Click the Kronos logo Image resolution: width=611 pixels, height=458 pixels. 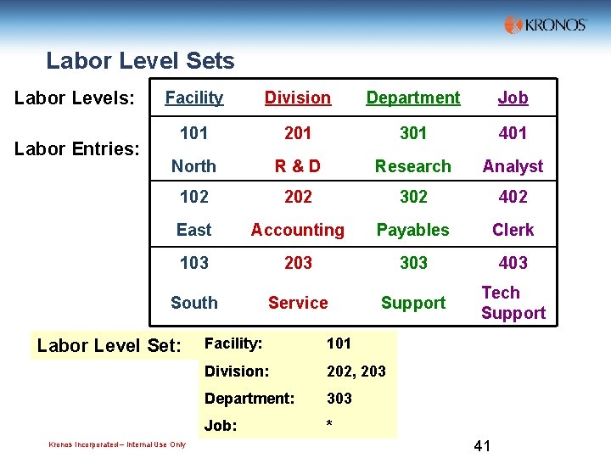click(545, 25)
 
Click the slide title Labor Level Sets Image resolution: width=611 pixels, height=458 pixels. click(140, 61)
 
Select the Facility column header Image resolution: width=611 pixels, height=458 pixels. click(194, 98)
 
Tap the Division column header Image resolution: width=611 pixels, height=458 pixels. click(298, 98)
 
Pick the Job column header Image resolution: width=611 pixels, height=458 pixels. click(513, 98)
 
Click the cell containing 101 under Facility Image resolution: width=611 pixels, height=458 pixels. click(194, 133)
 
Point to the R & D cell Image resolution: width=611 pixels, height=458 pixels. click(298, 166)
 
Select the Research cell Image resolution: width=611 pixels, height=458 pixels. click(413, 166)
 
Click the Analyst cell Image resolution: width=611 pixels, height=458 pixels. click(513, 166)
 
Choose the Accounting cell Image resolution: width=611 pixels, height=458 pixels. click(298, 230)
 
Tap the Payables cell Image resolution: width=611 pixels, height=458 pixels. click(413, 230)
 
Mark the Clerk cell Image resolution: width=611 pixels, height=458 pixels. click(513, 230)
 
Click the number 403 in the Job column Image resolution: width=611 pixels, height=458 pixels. click(513, 263)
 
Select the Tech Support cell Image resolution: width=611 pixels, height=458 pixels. click(513, 303)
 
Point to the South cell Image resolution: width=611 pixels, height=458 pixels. click(194, 303)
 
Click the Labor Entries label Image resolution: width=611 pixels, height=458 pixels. click(77, 149)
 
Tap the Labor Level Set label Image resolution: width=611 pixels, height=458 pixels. click(109, 346)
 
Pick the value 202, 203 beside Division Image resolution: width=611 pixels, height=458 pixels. click(356, 371)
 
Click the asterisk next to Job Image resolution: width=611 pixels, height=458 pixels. click(329, 424)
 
